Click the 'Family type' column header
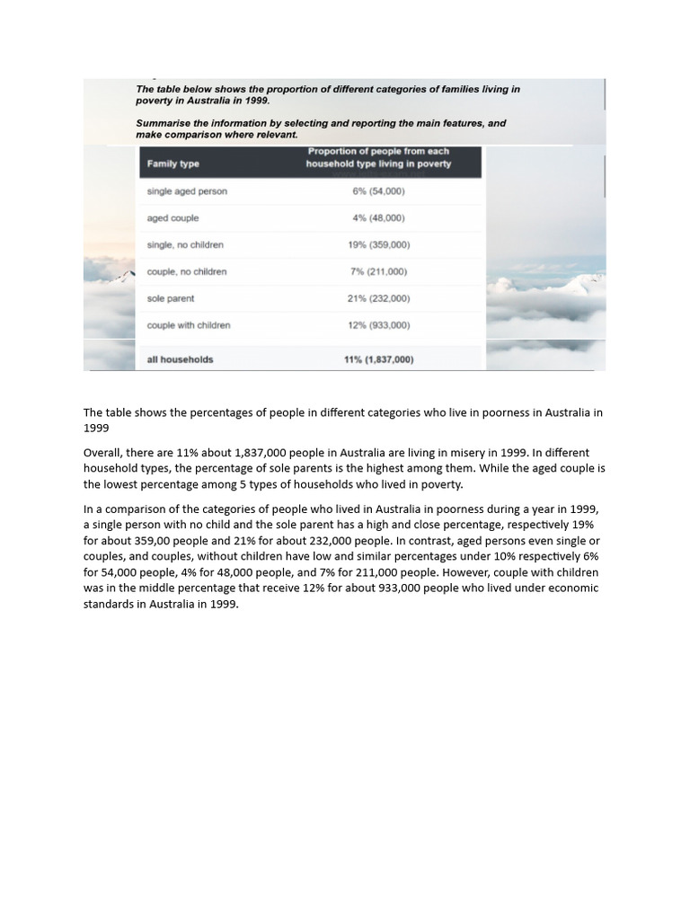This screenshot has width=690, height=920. (x=173, y=164)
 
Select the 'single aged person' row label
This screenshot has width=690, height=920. (x=187, y=191)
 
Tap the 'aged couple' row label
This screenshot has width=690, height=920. (x=173, y=218)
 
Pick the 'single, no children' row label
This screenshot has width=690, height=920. (x=185, y=244)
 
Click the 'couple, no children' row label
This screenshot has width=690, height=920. (x=187, y=271)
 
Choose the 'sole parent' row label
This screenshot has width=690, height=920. (x=171, y=298)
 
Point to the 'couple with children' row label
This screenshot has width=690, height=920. (x=189, y=325)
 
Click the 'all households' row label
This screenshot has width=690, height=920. (x=181, y=359)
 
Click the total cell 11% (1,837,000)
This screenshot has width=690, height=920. (x=378, y=359)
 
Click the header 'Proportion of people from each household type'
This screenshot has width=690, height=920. (x=378, y=157)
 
